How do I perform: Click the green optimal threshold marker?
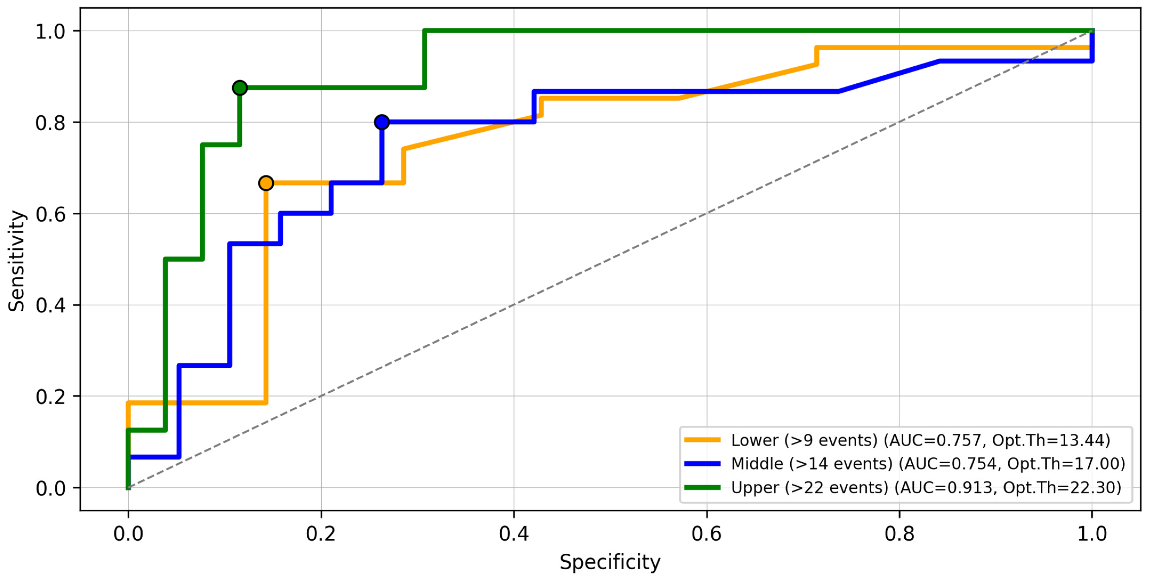coord(240,88)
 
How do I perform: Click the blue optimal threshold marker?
coord(382,122)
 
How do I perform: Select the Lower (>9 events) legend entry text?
coord(921,440)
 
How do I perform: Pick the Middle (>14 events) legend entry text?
coord(928,464)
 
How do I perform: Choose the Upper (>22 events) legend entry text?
coord(926,488)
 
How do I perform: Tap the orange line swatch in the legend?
coord(703,440)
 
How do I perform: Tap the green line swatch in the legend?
coord(703,488)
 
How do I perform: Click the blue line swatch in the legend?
coord(703,464)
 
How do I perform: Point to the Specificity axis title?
coord(610,562)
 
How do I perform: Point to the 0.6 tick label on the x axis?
coord(707,534)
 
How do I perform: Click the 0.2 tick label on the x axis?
coord(321,534)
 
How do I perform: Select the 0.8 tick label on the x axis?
coord(900,534)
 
